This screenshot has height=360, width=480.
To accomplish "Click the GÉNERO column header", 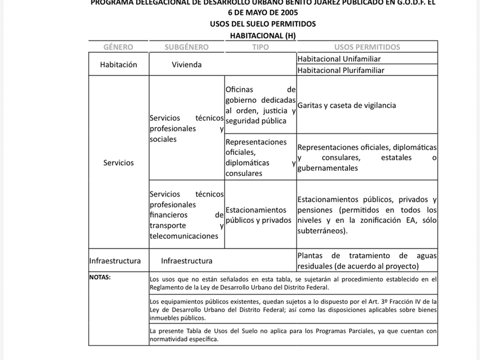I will coord(118,47).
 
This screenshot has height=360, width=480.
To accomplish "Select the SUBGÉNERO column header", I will coord(186,47).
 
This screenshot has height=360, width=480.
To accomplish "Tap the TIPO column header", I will coord(260,47).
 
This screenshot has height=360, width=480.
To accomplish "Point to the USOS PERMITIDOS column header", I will coord(367,47).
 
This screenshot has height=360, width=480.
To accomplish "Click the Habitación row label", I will coord(118,65).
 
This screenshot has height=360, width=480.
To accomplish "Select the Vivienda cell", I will coord(186,65).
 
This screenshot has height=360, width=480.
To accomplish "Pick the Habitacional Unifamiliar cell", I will coord(339,59).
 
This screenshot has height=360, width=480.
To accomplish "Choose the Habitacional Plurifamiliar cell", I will coord(341,70).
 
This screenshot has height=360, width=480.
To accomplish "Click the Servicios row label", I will coord(118,163).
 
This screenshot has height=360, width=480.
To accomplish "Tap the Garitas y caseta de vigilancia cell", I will coord(346,106).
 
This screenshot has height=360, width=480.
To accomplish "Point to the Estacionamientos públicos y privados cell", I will coord(258,215).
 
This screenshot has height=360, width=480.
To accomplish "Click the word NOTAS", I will coord(100,277).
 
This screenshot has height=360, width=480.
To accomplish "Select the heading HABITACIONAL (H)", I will coord(262,35).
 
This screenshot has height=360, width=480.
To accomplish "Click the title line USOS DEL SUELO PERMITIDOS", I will coord(262,24).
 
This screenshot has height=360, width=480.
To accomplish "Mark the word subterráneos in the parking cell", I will coord(321,231).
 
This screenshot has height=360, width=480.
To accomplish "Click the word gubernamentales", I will coord(327,169).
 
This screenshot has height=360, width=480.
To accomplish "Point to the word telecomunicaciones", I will coord(178,236).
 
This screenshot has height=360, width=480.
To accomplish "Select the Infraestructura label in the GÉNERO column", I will coord(115,261).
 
